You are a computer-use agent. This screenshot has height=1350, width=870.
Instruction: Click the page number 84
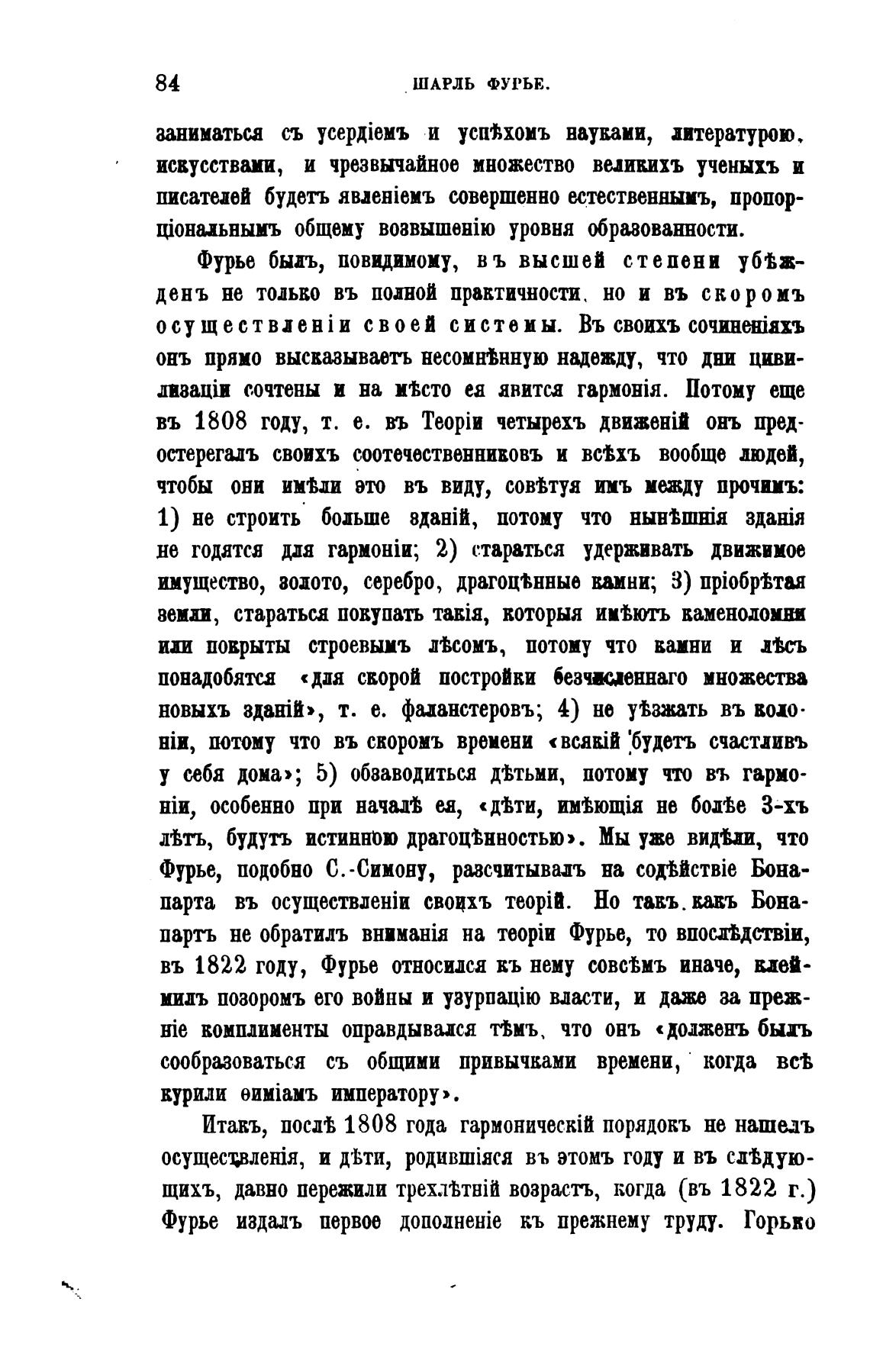point(168,82)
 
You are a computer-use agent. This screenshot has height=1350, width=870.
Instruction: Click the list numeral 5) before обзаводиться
point(327,772)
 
